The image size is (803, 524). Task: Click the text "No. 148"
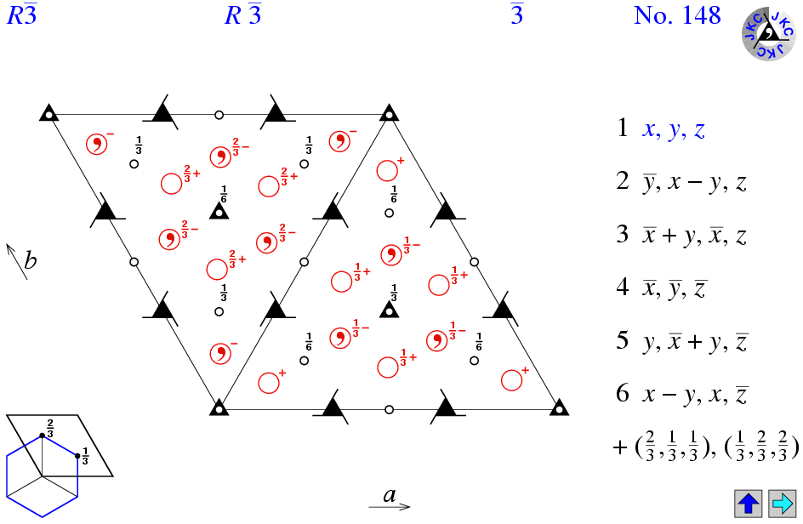point(677,15)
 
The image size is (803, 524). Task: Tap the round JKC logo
point(768,34)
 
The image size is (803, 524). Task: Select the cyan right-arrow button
point(782,504)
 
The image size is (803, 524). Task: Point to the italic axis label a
point(390,495)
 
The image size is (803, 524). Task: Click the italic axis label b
point(31,260)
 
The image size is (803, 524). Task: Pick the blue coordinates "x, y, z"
point(674,129)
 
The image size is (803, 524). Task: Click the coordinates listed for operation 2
point(694,182)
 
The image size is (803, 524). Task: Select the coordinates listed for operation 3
point(694,235)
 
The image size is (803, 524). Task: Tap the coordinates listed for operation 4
point(675,288)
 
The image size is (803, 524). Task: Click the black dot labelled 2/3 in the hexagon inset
point(42,436)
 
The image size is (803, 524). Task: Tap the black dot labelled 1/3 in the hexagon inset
point(77,456)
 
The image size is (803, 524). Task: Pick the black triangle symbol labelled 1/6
point(219,211)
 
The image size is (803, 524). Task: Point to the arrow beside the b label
point(16,261)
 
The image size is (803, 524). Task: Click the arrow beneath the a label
point(390,507)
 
